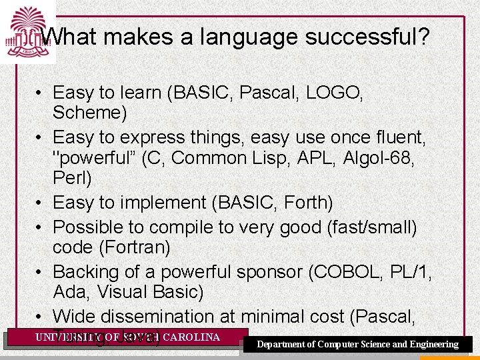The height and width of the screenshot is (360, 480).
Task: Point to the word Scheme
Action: pos(89,113)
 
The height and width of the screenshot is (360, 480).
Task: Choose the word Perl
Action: pos(72,179)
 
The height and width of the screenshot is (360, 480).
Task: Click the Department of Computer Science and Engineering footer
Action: pos(358,345)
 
